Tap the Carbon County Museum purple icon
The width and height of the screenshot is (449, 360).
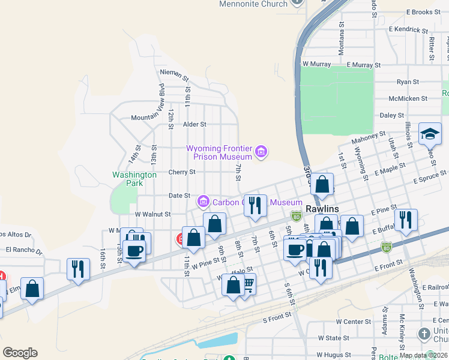(203, 200)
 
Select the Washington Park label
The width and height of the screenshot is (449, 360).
(134, 179)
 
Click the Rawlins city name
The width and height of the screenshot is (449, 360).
(322, 209)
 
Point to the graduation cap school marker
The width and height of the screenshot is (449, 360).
(430, 135)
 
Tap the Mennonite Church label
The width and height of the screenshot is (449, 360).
(253, 4)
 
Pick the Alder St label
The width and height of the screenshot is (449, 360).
(194, 124)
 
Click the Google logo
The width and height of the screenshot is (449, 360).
(20, 353)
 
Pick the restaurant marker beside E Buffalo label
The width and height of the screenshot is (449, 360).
(407, 221)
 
